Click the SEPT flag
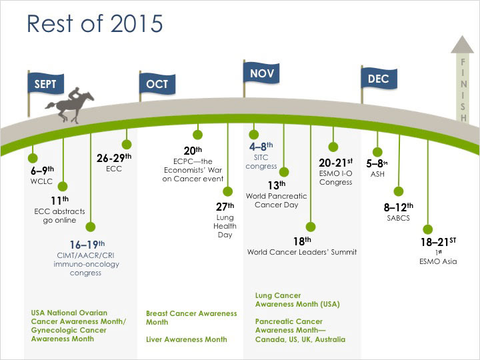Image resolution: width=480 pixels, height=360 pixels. pos(45,83)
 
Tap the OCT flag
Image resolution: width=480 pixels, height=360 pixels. pos(157,83)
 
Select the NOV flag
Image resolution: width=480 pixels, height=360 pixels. pos(261,73)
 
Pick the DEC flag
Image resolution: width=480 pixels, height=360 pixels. pos(379,79)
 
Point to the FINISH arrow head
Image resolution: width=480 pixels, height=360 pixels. pos(462,45)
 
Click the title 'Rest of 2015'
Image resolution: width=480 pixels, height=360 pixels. pos(95,23)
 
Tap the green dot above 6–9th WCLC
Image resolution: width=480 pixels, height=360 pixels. pos(33,158)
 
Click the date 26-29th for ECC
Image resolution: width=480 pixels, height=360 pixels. pos(114,158)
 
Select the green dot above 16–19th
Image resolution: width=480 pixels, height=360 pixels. pos(90,227)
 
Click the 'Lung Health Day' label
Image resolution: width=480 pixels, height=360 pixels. pos(225,226)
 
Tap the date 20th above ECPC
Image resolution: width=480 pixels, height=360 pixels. pos(193,150)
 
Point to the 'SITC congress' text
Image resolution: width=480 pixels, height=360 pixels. pos(261,161)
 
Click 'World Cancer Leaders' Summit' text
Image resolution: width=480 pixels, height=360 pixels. pos(302,252)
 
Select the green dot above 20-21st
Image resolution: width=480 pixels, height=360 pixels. pos(333,147)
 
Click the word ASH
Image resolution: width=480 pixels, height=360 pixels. pos(377,174)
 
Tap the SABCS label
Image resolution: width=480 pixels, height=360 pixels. pos(398,218)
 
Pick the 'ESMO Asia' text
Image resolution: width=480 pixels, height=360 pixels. pos(438,261)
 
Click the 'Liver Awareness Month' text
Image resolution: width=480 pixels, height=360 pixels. pos(187,339)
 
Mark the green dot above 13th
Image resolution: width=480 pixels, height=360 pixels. pos(284,172)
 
